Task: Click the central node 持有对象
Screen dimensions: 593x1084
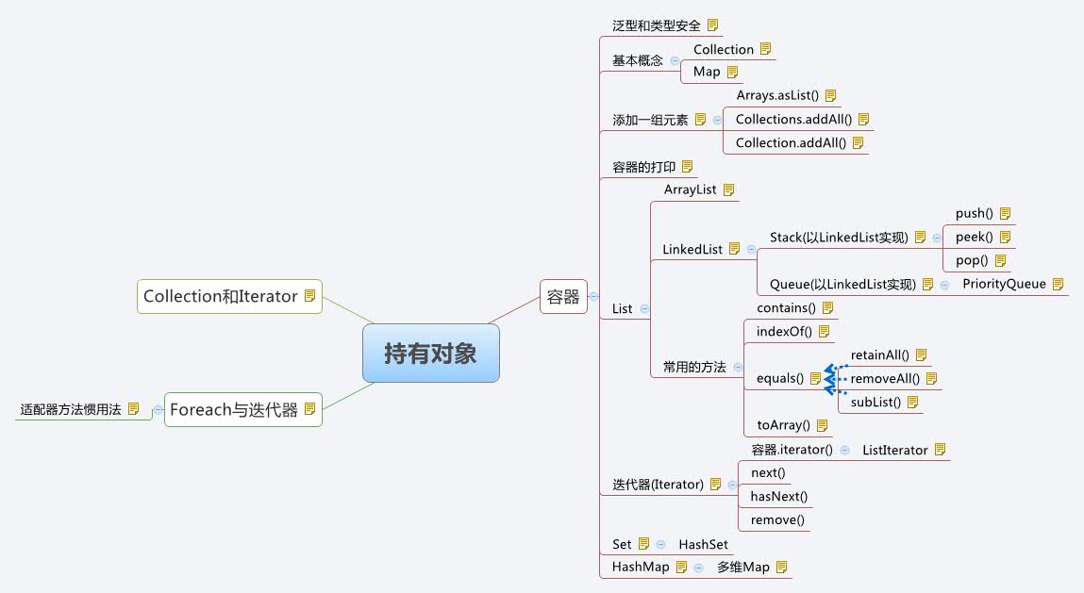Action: point(430,354)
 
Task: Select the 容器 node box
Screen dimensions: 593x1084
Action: point(563,296)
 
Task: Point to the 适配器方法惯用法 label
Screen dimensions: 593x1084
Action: point(71,409)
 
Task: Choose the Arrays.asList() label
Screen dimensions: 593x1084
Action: point(778,95)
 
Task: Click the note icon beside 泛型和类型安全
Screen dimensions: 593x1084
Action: point(713,25)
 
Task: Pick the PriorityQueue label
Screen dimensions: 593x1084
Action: point(1004,284)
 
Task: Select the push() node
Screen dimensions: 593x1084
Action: point(974,213)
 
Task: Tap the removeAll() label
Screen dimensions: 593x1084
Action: point(885,378)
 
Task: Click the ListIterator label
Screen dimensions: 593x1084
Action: point(894,451)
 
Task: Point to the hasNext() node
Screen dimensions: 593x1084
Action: point(778,496)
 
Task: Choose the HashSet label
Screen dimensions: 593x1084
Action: point(703,544)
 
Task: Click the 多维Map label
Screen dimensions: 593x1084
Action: point(742,568)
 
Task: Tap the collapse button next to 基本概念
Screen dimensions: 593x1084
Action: point(675,60)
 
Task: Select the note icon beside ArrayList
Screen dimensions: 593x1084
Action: point(728,189)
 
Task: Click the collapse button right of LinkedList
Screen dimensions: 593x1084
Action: point(751,249)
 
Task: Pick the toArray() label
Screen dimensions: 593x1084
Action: point(784,425)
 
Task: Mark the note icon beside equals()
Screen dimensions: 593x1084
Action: point(815,378)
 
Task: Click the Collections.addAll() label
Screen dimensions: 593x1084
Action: point(793,119)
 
